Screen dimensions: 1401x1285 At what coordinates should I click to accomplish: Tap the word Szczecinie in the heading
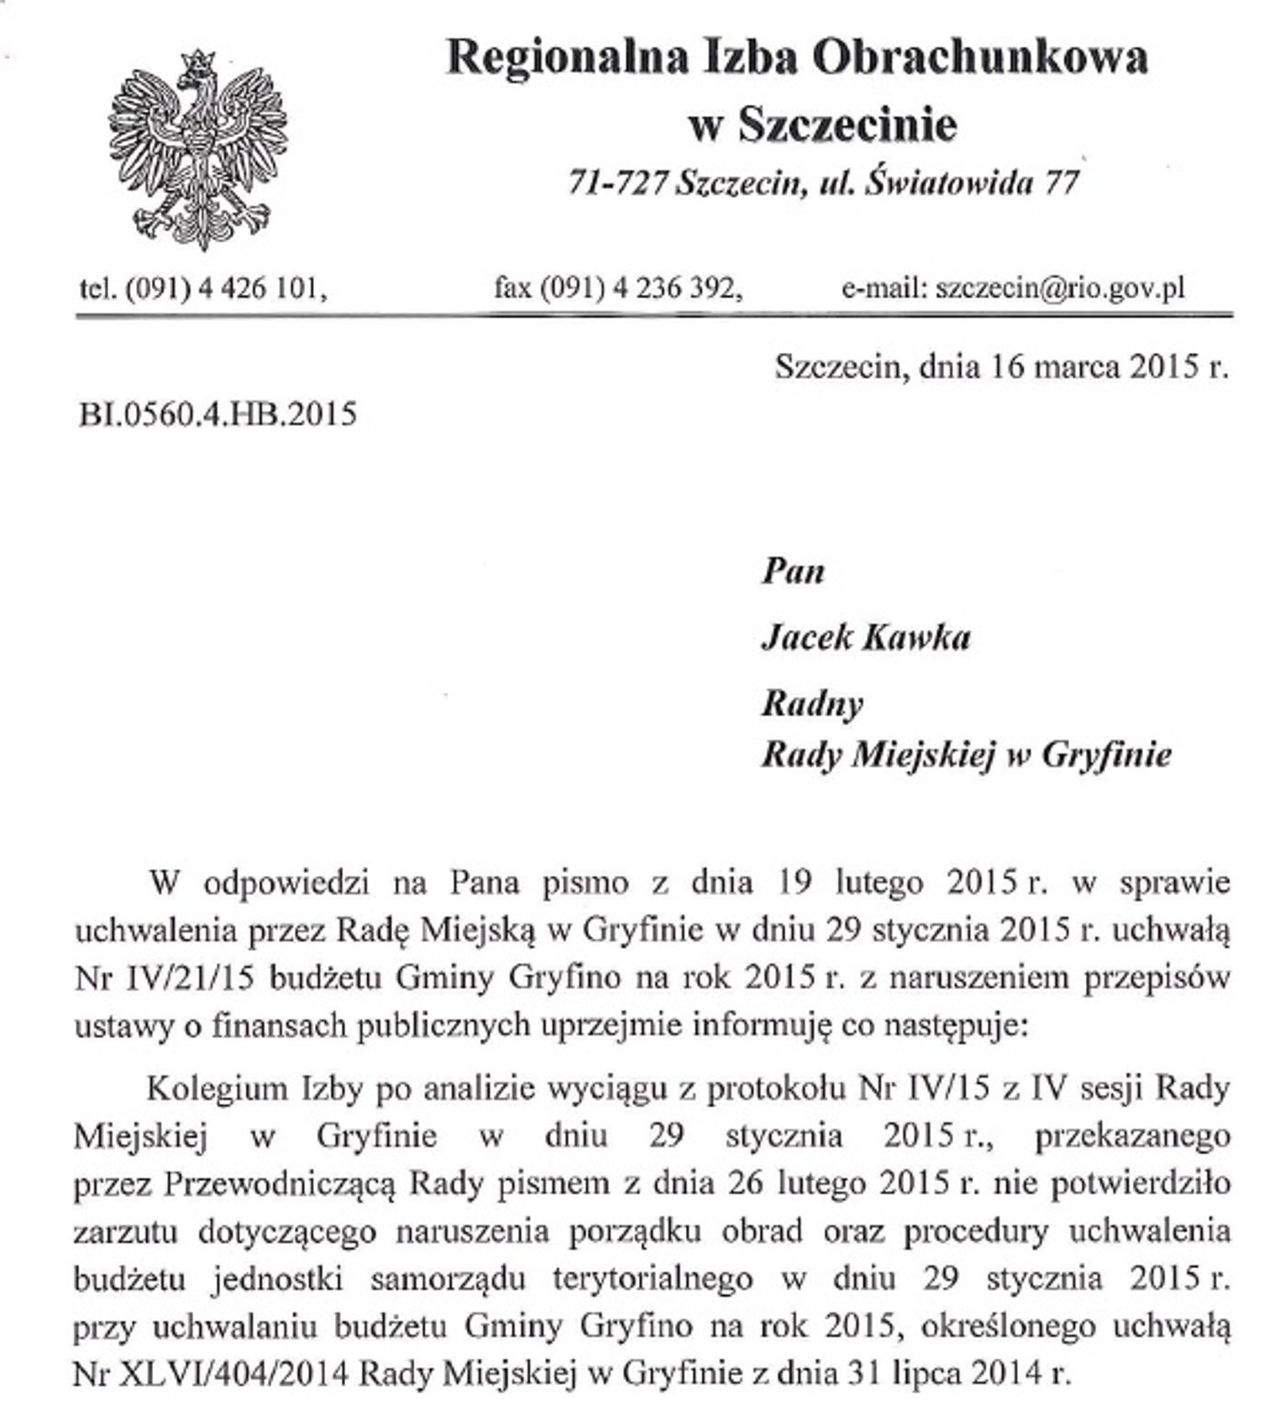[x=847, y=125]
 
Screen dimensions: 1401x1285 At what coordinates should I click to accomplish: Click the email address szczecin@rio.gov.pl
[x=1060, y=289]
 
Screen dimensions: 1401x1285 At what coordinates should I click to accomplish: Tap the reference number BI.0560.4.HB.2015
[x=218, y=414]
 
